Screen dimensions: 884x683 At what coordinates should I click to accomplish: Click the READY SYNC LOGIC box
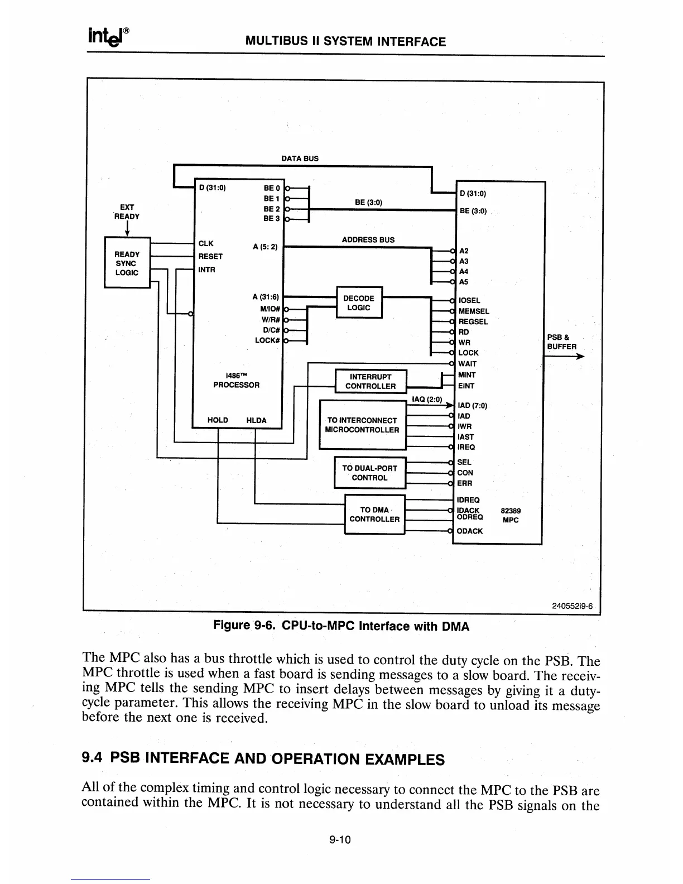tap(127, 263)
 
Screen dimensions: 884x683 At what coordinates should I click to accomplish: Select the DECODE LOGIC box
tap(359, 303)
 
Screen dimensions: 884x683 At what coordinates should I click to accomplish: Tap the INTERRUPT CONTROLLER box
tap(371, 381)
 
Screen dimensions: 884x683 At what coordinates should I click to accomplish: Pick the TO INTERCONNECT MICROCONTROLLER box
tap(362, 425)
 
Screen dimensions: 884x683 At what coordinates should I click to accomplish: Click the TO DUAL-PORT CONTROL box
tap(369, 473)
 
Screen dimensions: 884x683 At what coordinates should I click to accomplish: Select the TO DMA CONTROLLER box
tap(374, 514)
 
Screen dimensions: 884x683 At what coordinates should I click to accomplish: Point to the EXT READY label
tap(127, 212)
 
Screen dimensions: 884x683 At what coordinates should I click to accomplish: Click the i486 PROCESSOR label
tap(237, 380)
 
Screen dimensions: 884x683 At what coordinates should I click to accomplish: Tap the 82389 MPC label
tap(511, 515)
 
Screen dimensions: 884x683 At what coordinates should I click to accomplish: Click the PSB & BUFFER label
tap(561, 342)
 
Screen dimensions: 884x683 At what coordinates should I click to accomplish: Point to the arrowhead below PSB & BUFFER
tap(580, 357)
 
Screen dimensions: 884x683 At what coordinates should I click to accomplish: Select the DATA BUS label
tap(300, 158)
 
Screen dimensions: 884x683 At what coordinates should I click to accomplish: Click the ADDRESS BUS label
tap(368, 240)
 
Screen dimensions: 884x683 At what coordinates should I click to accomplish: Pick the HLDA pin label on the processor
tap(256, 420)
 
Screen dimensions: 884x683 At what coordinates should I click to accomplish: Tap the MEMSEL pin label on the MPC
tap(474, 311)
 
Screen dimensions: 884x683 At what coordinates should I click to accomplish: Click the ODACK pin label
tap(470, 531)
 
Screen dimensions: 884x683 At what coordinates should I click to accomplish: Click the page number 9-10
tap(339, 840)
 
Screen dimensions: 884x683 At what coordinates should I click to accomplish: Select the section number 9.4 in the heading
tap(93, 758)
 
